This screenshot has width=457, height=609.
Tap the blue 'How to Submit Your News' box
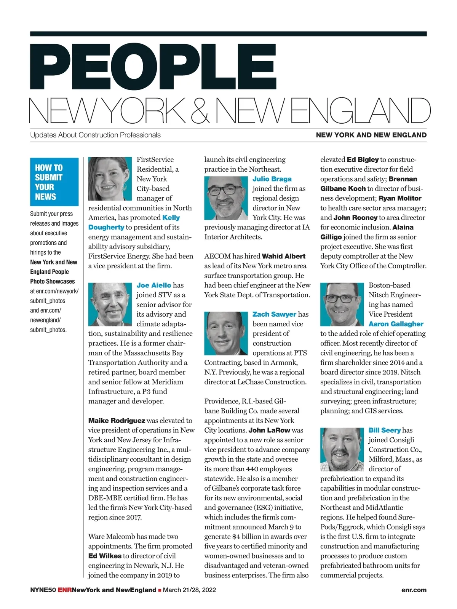click(54, 182)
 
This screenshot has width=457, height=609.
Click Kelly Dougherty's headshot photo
click(110, 179)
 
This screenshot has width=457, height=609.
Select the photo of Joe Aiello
click(110, 304)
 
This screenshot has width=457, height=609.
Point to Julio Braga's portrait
click(226, 198)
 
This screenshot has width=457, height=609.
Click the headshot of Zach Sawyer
click(226, 333)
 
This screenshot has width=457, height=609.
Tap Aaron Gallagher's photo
click(342, 304)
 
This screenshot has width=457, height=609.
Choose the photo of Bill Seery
click(342, 449)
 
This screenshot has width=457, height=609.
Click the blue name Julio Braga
click(272, 179)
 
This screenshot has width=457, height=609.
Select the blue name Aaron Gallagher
click(396, 324)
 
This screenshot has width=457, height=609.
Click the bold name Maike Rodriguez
click(117, 421)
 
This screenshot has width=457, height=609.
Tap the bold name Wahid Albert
click(284, 256)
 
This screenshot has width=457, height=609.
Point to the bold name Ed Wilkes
click(105, 556)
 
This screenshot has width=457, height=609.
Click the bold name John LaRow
click(269, 430)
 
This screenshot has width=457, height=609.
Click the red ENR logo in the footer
click(64, 590)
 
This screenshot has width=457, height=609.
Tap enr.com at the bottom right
click(414, 590)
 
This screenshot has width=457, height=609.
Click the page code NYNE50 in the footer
click(43, 590)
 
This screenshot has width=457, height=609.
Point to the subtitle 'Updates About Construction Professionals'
click(95, 135)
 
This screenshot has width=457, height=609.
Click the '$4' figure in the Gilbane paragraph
click(236, 537)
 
